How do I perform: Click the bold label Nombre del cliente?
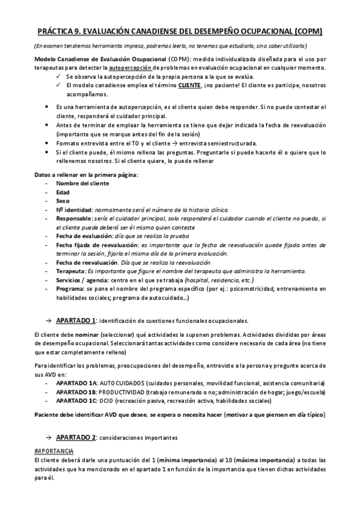82,183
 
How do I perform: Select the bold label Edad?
63,192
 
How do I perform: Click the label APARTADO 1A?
76,382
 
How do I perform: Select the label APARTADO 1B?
76,392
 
